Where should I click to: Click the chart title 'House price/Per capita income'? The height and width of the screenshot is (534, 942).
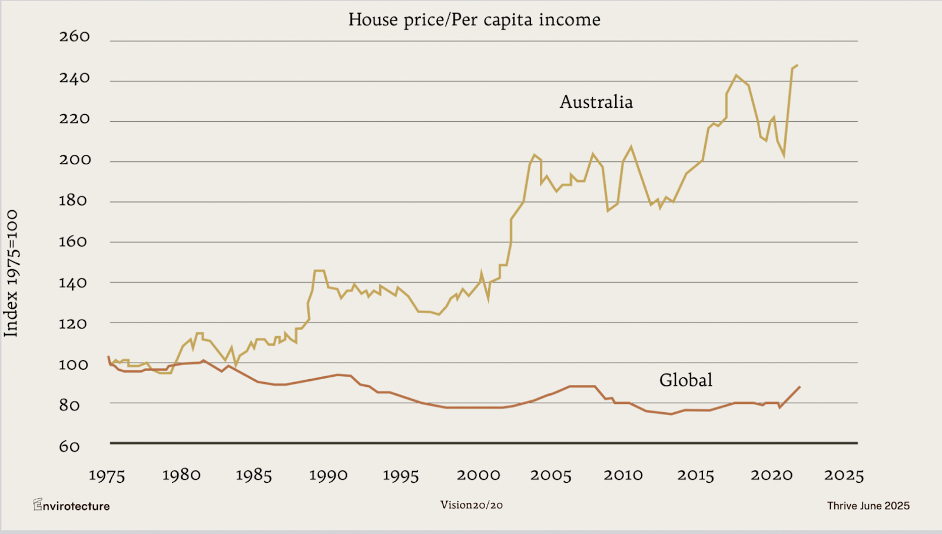coord(474,20)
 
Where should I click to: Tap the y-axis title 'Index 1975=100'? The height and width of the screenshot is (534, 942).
coord(11,273)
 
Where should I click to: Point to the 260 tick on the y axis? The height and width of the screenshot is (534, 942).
coord(74,37)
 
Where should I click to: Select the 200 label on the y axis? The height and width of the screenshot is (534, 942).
coord(75,160)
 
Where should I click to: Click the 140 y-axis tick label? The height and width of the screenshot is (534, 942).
coord(73,283)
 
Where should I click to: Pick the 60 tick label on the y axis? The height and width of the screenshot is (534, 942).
coord(69,446)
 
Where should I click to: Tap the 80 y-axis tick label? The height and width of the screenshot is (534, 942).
coord(69,406)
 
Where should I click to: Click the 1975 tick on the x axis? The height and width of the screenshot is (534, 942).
coord(107,476)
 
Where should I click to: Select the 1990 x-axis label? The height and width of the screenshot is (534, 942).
coord(328,475)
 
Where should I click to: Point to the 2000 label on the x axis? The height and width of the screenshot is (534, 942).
coord(478,475)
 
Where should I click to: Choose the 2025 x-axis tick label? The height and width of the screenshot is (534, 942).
coord(843,475)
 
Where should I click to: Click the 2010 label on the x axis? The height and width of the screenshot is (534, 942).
coord(623,475)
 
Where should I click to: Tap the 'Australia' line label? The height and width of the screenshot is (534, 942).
coord(596,102)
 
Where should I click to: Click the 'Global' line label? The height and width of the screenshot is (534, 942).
coord(685,380)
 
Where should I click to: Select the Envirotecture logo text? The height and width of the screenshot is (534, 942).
coord(71,506)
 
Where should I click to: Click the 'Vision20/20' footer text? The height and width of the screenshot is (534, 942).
coord(471,505)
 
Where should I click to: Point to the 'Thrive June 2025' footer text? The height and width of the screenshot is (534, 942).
coord(868,506)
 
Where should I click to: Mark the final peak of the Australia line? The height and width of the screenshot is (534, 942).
coord(797,65)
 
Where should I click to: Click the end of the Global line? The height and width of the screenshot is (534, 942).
coord(800,387)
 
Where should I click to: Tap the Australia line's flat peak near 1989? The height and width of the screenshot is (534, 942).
coord(319,271)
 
